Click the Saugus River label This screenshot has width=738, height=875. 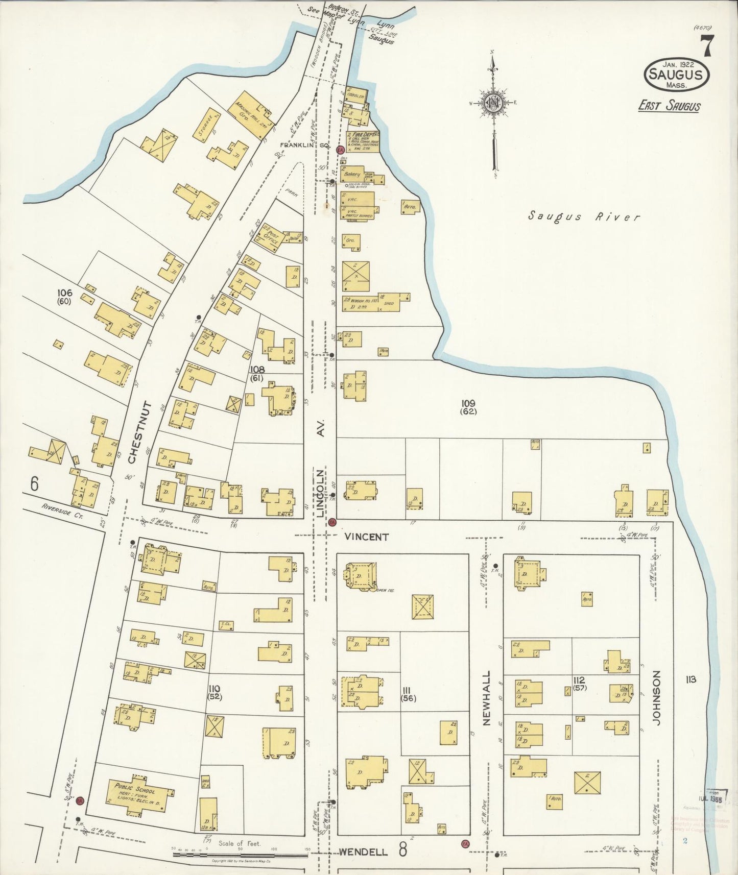(583, 216)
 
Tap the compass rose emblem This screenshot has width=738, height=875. (493, 103)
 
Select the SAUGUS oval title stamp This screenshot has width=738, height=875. (676, 75)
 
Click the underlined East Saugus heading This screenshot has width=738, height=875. (669, 106)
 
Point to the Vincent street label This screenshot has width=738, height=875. (366, 537)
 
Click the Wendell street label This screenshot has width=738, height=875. (363, 852)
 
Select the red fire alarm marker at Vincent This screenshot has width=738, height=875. (332, 522)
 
